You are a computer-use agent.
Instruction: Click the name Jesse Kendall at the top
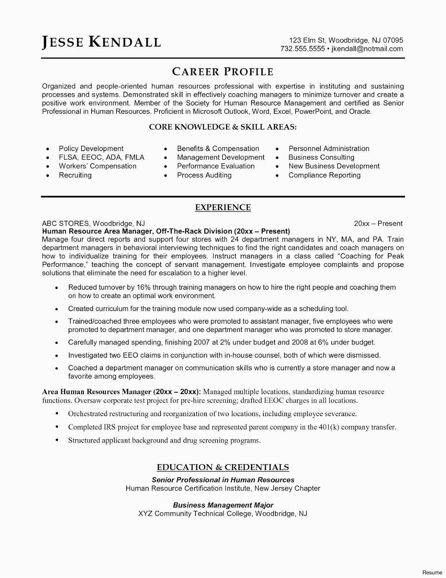click(x=101, y=42)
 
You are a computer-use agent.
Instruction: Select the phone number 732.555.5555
click(x=303, y=49)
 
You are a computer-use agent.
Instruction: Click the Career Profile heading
click(x=223, y=72)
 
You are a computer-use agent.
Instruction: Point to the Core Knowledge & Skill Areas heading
click(x=223, y=127)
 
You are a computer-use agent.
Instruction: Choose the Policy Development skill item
click(x=91, y=148)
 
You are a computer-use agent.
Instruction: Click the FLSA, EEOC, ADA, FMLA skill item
click(x=101, y=157)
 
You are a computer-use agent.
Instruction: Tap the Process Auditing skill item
click(x=204, y=175)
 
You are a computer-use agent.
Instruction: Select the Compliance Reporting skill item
click(x=324, y=175)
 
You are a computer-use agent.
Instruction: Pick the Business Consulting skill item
click(x=321, y=157)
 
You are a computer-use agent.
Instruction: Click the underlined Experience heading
click(x=223, y=207)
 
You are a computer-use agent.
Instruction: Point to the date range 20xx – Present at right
click(x=378, y=224)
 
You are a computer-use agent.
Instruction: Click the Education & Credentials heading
click(x=223, y=467)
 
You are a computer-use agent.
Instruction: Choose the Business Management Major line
click(x=223, y=505)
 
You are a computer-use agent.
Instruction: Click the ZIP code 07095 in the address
click(x=393, y=40)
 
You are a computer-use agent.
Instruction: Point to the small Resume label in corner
click(x=432, y=573)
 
